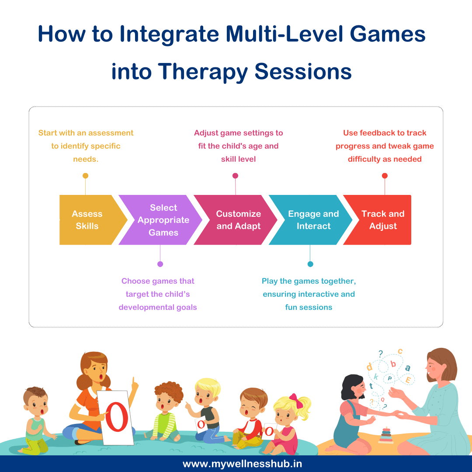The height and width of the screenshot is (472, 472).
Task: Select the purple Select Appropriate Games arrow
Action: (162, 220)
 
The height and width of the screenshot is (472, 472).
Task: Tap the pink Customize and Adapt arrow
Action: (237, 220)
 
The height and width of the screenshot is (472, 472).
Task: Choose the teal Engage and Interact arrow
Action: (312, 220)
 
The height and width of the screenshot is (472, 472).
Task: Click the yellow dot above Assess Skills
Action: (85, 176)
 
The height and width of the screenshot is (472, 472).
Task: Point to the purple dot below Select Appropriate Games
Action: (160, 264)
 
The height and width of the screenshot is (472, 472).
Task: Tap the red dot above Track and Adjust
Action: (385, 176)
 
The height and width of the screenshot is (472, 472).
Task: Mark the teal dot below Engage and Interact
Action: (310, 264)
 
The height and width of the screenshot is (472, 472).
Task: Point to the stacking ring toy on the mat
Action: (385, 435)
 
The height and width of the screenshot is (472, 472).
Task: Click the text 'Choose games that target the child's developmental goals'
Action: (158, 294)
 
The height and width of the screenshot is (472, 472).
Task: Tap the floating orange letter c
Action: (400, 351)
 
